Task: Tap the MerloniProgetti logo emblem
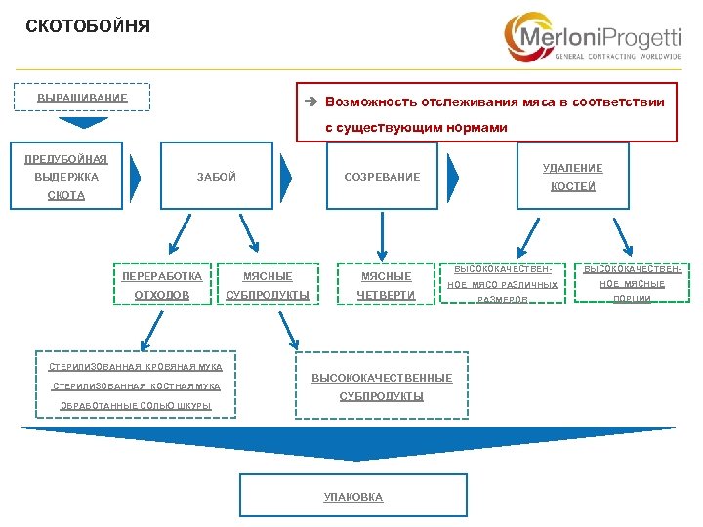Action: coord(527,37)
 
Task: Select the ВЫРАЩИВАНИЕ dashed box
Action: coord(82,99)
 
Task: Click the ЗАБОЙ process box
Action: coord(216,177)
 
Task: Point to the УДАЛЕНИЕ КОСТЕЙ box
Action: coord(572,177)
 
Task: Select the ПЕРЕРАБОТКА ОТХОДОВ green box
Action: coord(162,285)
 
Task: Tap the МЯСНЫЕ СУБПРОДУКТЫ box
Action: coord(268,285)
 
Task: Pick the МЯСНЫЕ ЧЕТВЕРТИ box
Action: coord(386,285)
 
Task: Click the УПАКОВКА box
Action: coord(353,497)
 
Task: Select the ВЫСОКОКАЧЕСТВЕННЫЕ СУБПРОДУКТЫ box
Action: coord(382,386)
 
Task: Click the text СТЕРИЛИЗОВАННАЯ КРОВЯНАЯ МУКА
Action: coord(136,367)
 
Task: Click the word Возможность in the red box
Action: coord(371,101)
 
